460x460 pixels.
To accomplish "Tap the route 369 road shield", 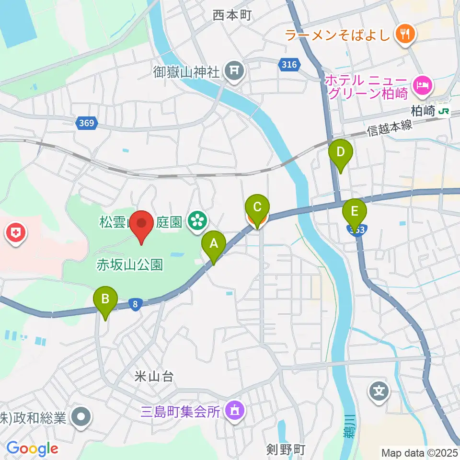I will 86,124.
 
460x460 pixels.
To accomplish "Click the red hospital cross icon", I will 16,234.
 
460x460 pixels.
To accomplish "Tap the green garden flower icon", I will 196,221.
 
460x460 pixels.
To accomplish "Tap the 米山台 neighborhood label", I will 154,377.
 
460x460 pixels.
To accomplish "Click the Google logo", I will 32,448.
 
